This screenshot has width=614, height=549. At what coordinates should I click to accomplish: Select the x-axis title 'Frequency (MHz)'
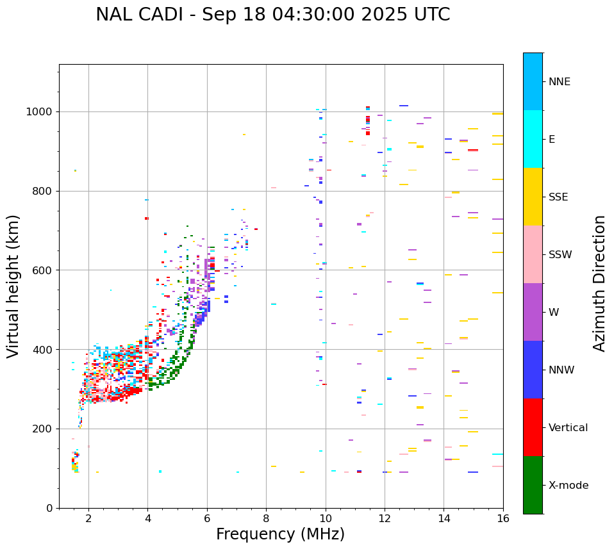click(280, 534)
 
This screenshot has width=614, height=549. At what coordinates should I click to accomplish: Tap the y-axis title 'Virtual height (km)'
click(13, 286)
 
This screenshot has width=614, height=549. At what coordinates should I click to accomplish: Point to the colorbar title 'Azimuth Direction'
click(599, 283)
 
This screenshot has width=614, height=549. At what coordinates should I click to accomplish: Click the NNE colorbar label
click(559, 82)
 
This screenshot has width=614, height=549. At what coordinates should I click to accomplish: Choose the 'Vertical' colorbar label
click(568, 428)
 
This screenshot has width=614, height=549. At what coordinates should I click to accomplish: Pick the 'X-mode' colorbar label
click(568, 486)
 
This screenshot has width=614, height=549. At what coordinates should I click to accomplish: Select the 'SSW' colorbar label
click(560, 255)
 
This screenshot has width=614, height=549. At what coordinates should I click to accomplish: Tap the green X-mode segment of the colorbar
click(533, 485)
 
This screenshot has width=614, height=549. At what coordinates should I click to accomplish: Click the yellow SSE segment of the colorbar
click(533, 197)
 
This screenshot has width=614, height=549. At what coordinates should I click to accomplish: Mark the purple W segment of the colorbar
click(533, 312)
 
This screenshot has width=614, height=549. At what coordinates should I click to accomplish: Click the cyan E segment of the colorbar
click(533, 139)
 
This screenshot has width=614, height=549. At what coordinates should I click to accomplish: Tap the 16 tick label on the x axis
click(503, 518)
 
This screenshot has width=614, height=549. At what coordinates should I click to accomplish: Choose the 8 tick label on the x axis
click(266, 518)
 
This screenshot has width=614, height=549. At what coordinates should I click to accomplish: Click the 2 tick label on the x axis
click(88, 518)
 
